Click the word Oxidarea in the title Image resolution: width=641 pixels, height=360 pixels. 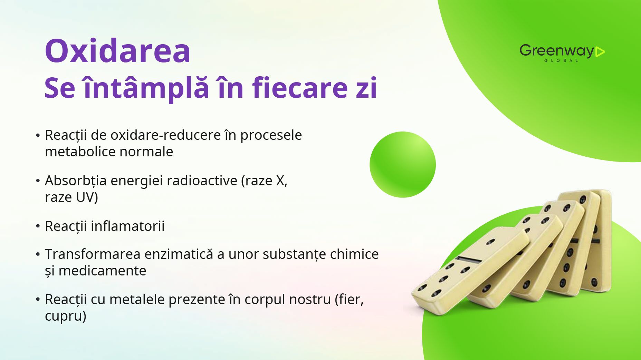pyautogui.click(x=117, y=51)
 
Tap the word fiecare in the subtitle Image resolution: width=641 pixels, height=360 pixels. pyautogui.click(x=300, y=88)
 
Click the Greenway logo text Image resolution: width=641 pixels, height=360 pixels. pyautogui.click(x=557, y=51)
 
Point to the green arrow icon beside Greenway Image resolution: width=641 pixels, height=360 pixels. pyautogui.click(x=600, y=52)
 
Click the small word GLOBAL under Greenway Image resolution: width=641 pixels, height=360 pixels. pyautogui.click(x=561, y=60)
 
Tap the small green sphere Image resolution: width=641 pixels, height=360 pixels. pyautogui.click(x=403, y=165)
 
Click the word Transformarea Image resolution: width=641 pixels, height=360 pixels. pyautogui.click(x=93, y=254)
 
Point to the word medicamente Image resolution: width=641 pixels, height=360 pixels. pyautogui.click(x=102, y=271)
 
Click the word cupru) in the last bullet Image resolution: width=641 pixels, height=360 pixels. pyautogui.click(x=66, y=316)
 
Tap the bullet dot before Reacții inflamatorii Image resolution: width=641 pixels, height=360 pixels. pyautogui.click(x=38, y=226)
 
